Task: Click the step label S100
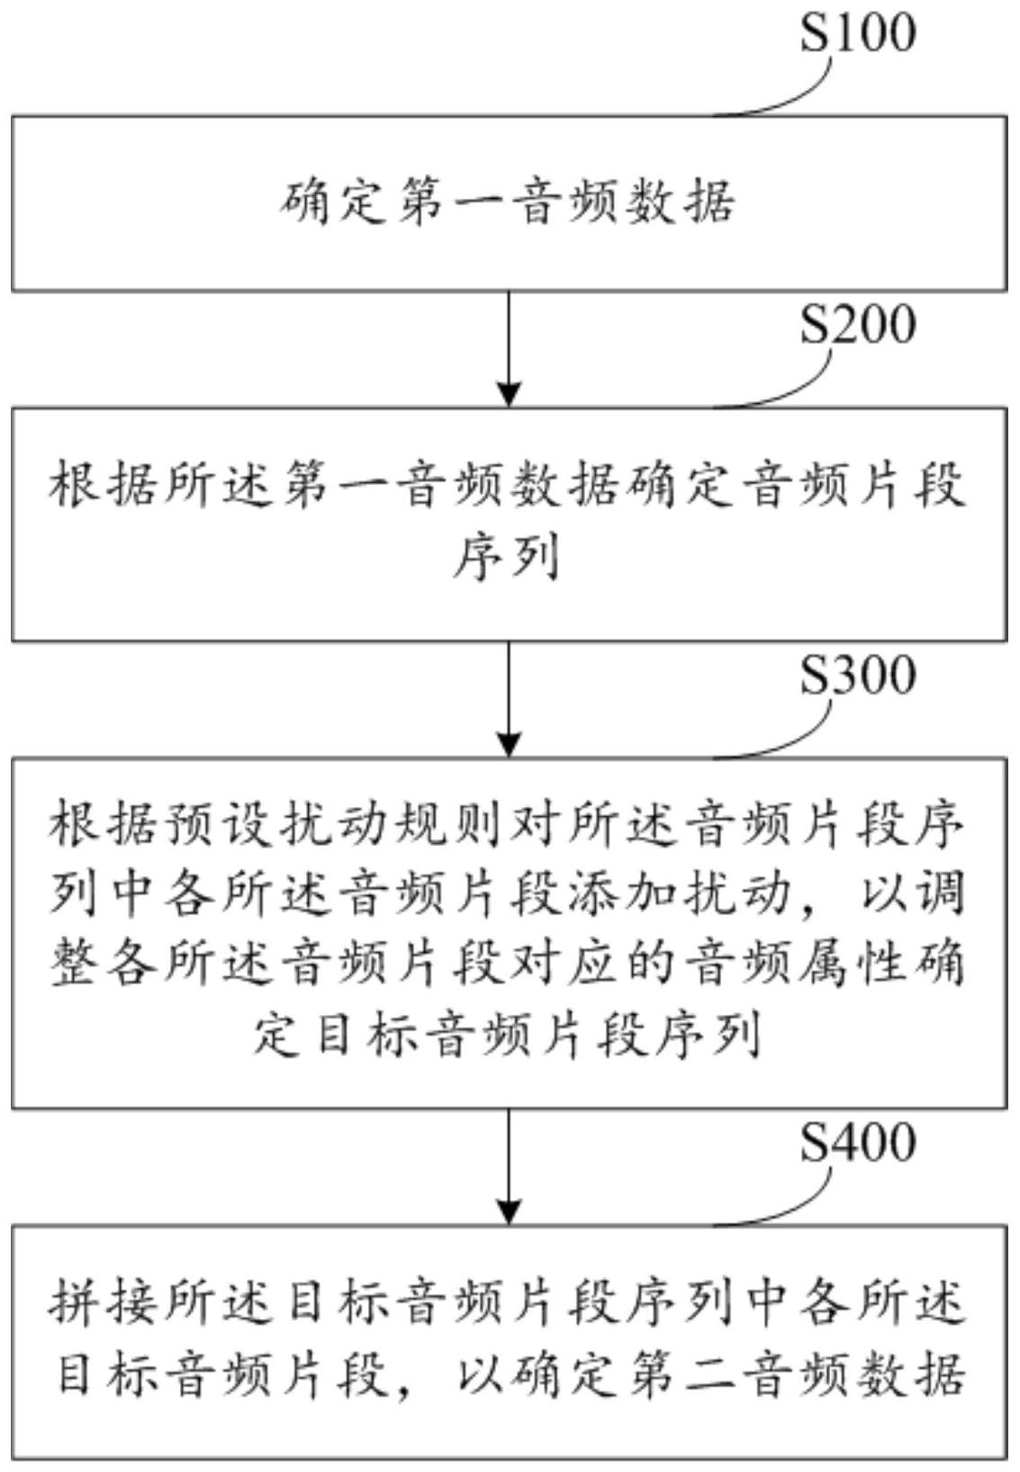click(858, 33)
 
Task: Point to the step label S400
click(858, 1143)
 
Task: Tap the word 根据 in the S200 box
click(106, 488)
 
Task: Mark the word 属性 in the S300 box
click(858, 965)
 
